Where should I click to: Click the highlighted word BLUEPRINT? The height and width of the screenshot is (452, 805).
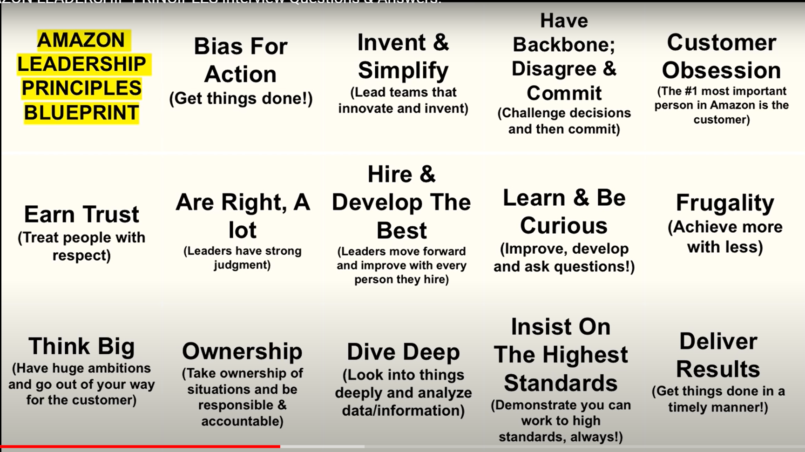81,113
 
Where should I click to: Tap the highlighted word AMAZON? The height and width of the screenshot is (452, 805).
81,40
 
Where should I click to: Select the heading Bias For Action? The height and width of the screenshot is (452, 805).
241,60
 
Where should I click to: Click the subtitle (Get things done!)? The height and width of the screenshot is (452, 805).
241,98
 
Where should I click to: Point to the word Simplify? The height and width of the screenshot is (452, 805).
403,70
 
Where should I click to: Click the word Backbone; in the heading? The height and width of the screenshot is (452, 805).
564,45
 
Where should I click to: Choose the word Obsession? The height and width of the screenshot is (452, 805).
721,70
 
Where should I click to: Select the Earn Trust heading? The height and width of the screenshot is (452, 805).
81,214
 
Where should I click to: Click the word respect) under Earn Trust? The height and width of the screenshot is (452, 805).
81,255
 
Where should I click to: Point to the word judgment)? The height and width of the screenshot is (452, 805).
242,265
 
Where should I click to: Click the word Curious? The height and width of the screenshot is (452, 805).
563,226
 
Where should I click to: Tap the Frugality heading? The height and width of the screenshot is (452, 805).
725,203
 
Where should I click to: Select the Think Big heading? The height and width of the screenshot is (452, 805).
81,346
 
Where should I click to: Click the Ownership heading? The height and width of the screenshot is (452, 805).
242,351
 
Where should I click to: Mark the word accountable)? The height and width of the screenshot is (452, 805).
242,421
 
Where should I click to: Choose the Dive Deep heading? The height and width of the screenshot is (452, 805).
403,352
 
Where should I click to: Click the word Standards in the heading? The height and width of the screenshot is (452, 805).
561,383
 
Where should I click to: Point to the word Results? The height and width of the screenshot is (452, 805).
718,369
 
